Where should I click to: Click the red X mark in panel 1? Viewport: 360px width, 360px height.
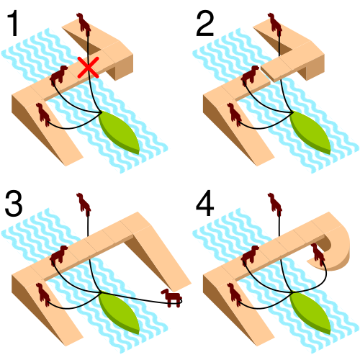[x=88, y=68]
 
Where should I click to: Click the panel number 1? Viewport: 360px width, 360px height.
[x=14, y=23]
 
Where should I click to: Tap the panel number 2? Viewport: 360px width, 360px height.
[x=204, y=23]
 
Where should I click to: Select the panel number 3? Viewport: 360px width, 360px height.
[x=14, y=203]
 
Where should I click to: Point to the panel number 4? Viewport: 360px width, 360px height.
[x=204, y=203]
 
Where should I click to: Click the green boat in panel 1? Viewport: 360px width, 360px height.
[x=120, y=132]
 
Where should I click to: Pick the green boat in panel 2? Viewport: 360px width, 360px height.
[x=310, y=132]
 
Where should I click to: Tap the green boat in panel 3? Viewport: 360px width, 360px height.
[x=120, y=312]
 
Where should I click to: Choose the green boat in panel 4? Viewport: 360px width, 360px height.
[x=310, y=312]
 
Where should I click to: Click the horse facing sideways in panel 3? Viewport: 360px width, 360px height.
[x=172, y=298]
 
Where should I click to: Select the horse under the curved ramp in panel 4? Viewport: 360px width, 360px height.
[x=318, y=254]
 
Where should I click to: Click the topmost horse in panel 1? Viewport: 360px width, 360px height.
[x=84, y=24]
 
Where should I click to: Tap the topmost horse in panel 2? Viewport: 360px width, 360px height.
[x=275, y=24]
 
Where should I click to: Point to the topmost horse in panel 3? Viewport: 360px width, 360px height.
[x=84, y=204]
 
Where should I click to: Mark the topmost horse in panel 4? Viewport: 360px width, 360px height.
[x=275, y=204]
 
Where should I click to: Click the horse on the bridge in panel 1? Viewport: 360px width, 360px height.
[x=58, y=75]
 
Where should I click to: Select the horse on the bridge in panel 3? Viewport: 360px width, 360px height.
[x=58, y=255]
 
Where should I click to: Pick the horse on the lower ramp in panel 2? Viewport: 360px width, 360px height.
[x=235, y=114]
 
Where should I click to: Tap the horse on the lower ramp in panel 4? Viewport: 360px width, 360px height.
[x=235, y=294]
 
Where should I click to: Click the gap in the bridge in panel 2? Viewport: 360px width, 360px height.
[x=266, y=75]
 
